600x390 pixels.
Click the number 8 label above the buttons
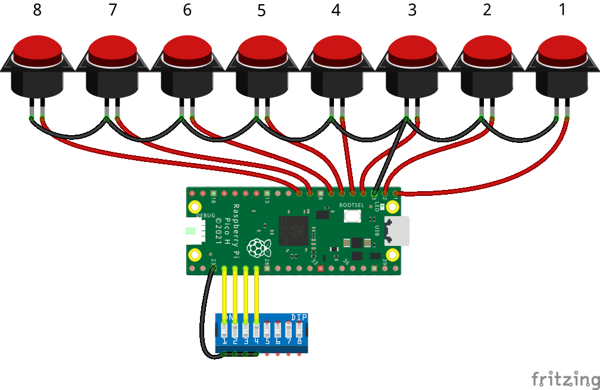click(x=37, y=11)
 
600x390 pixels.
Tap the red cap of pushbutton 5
click(x=262, y=49)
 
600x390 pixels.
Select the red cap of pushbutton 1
click(x=562, y=49)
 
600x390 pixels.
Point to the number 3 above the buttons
click(x=412, y=11)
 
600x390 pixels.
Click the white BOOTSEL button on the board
click(x=352, y=216)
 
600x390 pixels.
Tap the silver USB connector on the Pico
click(x=397, y=231)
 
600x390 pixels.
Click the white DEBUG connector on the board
click(x=194, y=231)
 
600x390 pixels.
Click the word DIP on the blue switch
click(x=299, y=317)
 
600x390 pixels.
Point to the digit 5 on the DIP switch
click(x=267, y=341)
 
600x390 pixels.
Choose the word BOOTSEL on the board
click(x=351, y=205)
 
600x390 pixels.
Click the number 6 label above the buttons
click(x=187, y=11)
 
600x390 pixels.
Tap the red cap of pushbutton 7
click(x=112, y=49)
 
